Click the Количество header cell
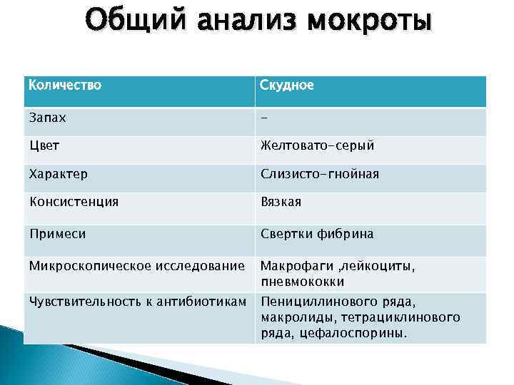pos(66,86)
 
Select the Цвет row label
pos(44,145)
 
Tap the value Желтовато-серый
pos(317,145)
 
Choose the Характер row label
pos(59,174)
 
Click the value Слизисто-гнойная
pos(319,174)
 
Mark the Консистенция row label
pos(74,202)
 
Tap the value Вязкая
pos(281,202)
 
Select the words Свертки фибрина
pos(316,233)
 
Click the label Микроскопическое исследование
pos(136,266)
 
